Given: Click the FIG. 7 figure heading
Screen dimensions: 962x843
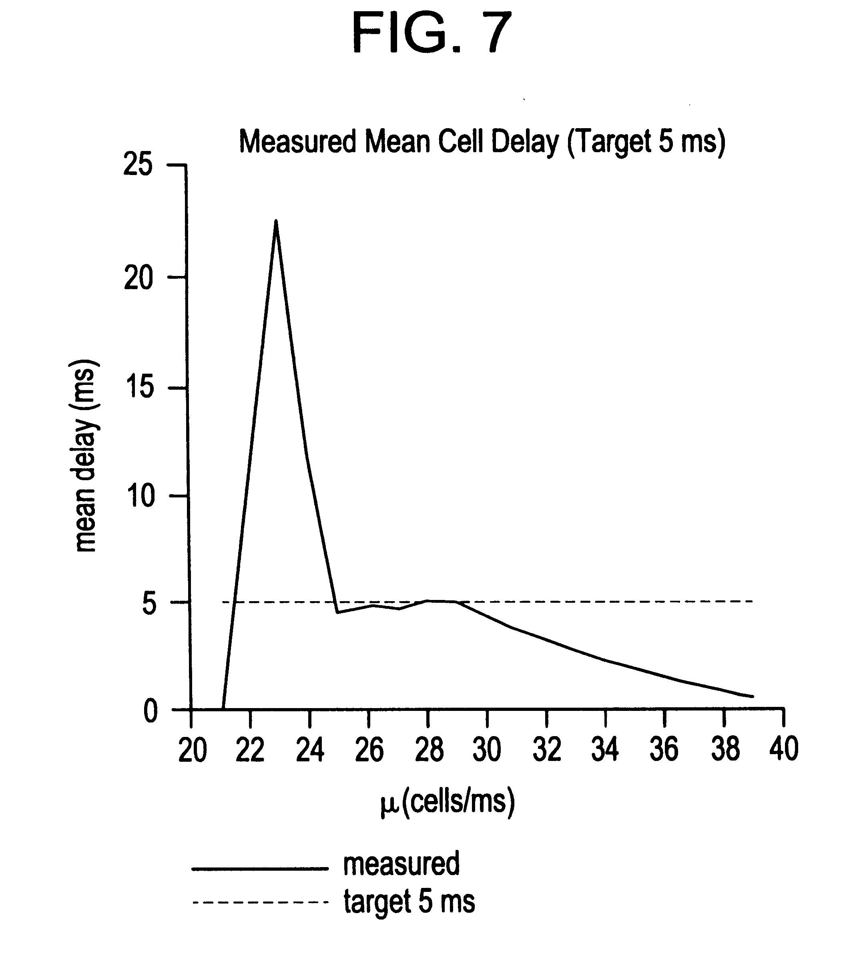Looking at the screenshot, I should tap(432, 33).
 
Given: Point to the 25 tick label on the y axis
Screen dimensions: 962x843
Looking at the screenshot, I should tap(138, 166).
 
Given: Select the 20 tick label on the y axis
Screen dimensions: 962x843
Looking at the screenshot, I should tap(138, 279).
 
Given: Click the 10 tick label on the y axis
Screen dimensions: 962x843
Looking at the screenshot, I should tap(139, 496).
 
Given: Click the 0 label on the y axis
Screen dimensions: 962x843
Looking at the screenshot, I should tap(150, 712).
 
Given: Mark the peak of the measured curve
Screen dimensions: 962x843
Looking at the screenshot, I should tap(276, 221).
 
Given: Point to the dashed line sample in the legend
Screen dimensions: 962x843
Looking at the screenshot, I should tap(260, 902).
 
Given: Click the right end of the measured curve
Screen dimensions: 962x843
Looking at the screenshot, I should tap(753, 696).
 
